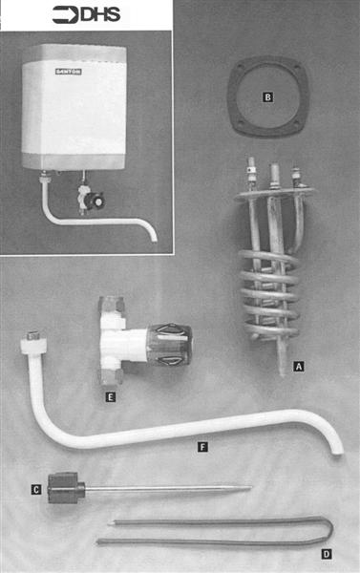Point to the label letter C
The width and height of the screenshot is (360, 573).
click(36, 490)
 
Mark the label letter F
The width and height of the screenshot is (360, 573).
click(201, 445)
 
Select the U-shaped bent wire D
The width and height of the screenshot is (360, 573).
click(220, 531)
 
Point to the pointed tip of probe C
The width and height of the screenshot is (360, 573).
click(247, 489)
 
